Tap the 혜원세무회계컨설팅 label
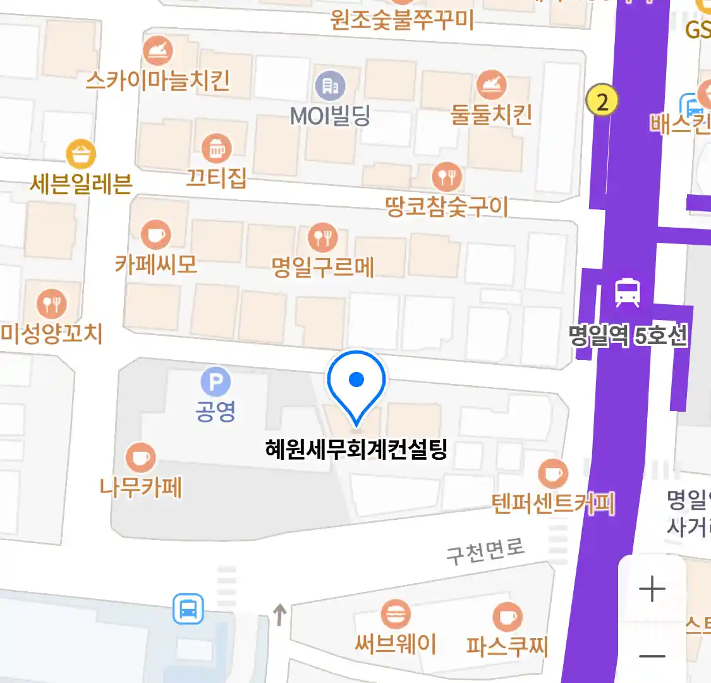(x=356, y=450)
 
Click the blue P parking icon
(x=216, y=382)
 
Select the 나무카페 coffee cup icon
(x=140, y=457)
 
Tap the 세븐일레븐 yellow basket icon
(x=81, y=154)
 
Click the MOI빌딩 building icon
(x=330, y=85)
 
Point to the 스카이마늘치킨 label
(x=157, y=80)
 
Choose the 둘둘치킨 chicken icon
(x=491, y=84)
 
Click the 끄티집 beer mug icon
(x=217, y=149)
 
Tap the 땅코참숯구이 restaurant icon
(x=447, y=177)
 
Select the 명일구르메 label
(x=323, y=266)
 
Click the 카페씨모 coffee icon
(x=155, y=235)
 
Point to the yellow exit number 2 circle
(x=602, y=101)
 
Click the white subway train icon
(x=627, y=293)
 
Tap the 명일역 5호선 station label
(x=628, y=335)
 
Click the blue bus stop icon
(x=188, y=609)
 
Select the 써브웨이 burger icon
(x=396, y=614)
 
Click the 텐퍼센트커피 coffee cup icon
(x=553, y=473)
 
